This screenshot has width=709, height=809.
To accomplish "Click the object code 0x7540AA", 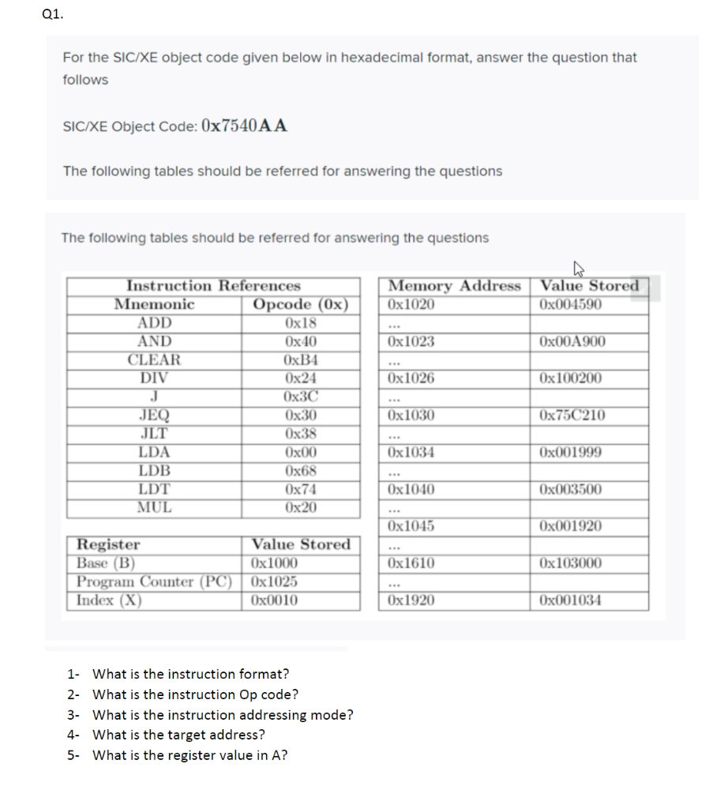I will coord(245,125).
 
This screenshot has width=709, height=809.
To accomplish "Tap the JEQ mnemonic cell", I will coord(154,416).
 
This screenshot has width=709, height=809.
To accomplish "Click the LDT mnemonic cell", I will coord(154,489).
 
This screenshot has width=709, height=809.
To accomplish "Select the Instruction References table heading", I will coord(213,285).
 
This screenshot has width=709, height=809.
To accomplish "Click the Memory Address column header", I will coord(455,285).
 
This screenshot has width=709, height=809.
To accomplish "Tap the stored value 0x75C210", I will coord(572,416).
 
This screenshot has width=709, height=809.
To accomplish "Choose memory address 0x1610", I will coord(411,563).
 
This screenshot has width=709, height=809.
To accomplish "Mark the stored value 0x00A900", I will coord(572,342).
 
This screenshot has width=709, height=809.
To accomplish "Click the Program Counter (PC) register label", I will coord(155,581).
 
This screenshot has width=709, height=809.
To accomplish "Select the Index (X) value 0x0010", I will coord(274,600).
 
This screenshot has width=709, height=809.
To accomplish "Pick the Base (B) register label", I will coord(106,563).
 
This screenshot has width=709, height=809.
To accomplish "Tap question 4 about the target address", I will coord(178,735).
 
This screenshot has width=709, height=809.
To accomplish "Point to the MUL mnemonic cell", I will coord(154,507).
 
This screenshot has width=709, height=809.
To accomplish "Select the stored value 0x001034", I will coord(572,600).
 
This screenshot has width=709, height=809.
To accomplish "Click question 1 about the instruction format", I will coord(189,674).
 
